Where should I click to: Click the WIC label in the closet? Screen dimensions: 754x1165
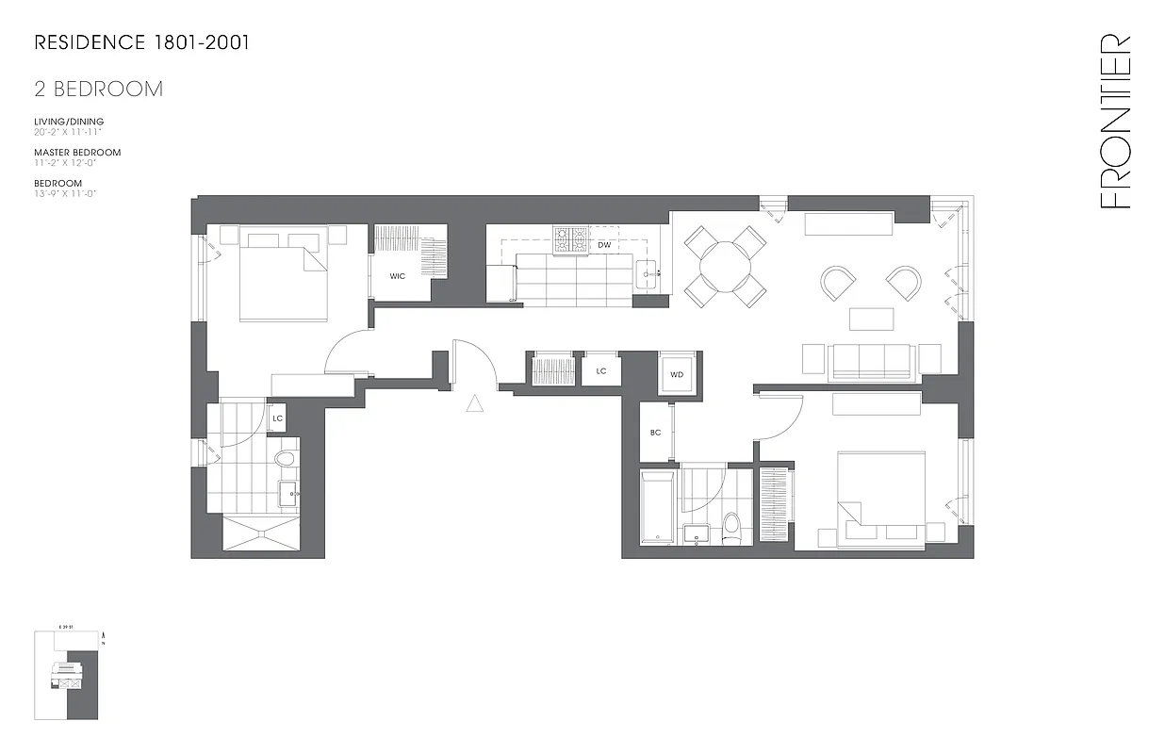pos(398,276)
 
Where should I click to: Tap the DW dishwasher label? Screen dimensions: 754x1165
pos(604,245)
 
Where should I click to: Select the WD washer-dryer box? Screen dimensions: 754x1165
pos(677,374)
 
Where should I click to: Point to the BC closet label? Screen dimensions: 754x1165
pos(655,433)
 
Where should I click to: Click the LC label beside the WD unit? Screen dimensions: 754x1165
pos(601,371)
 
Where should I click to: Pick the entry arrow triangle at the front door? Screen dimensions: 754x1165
pos(475,404)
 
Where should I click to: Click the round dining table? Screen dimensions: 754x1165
pos(725,265)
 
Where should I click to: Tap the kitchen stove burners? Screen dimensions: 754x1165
pos(569,239)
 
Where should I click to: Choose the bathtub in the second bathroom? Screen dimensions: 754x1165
pos(657,510)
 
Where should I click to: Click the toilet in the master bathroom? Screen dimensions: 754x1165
pos(286,459)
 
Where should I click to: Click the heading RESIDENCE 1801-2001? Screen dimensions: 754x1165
pos(141,42)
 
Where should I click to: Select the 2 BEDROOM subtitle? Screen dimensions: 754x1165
pos(98,90)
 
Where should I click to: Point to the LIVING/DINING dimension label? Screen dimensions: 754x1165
pos(69,122)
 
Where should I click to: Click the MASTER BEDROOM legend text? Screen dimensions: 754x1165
pos(77,152)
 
